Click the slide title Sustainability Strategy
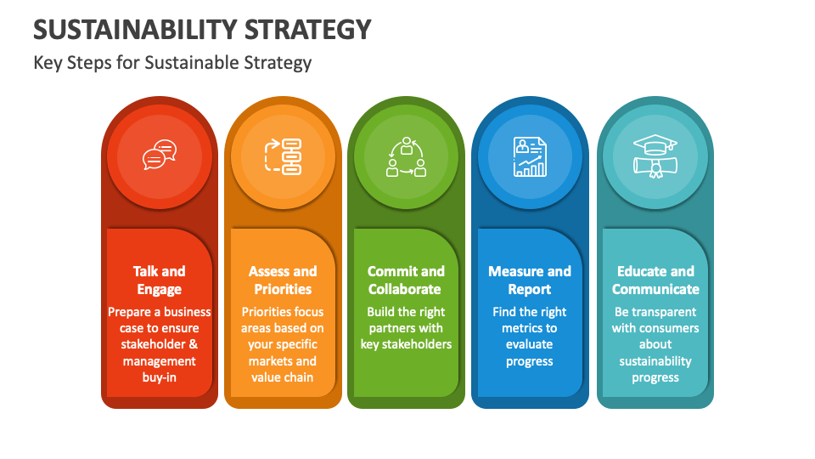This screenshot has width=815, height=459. (202, 29)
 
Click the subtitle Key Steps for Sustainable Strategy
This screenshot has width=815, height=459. (172, 62)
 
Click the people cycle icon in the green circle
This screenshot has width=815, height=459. (406, 156)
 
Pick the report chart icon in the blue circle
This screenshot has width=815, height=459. (530, 156)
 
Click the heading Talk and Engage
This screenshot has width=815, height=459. (159, 280)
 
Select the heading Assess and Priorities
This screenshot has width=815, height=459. (283, 280)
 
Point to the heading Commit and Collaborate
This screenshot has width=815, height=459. (406, 280)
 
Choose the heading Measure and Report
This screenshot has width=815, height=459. (530, 280)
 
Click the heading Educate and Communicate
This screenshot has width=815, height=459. (655, 280)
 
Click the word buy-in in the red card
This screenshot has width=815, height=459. (159, 377)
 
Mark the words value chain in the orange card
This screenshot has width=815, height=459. (283, 377)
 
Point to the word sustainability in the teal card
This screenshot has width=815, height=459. (655, 361)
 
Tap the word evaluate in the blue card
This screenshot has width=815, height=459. (530, 344)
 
